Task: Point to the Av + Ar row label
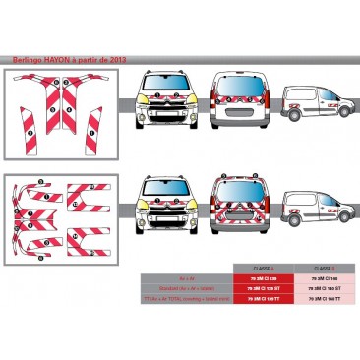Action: (x=186, y=278)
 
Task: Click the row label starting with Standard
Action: (x=186, y=289)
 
